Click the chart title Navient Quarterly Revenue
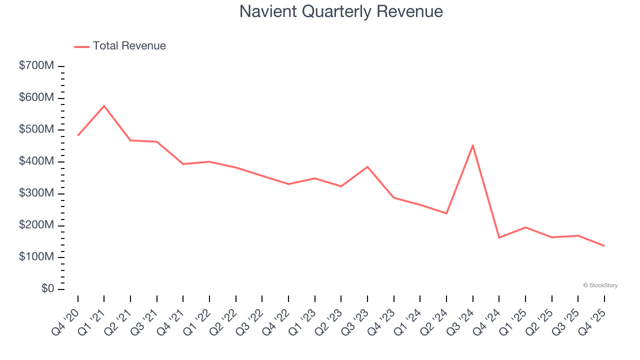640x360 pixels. point(341,11)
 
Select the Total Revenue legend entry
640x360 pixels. point(120,46)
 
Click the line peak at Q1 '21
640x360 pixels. point(104,105)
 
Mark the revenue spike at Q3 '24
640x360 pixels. point(472,145)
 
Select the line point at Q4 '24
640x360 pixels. point(499,237)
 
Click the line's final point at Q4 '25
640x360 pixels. point(604,245)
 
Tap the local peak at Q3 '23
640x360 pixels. point(367,166)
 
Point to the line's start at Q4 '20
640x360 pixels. point(78,135)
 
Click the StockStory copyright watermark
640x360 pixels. point(600,285)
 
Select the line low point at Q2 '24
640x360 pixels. point(446,213)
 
